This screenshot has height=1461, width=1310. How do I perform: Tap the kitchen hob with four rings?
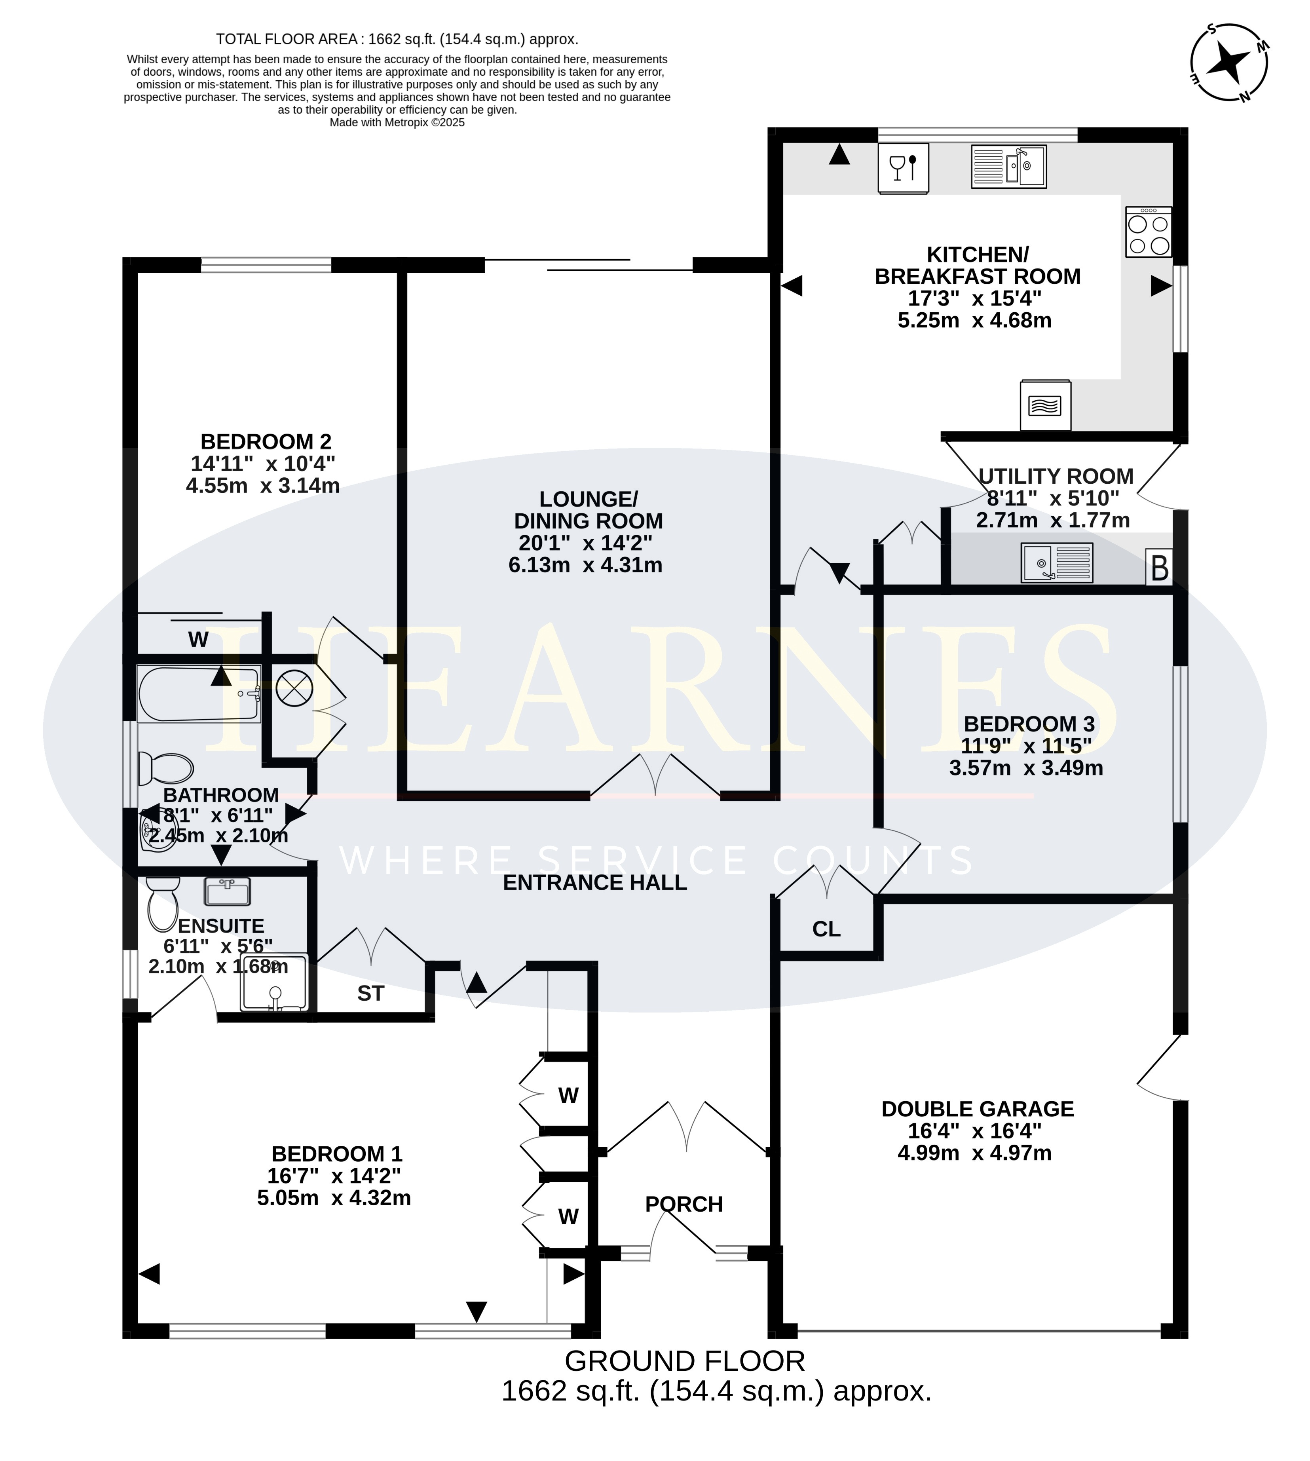click(1149, 232)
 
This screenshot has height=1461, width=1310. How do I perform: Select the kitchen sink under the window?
click(1008, 167)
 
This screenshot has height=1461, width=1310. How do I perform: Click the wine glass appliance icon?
click(903, 168)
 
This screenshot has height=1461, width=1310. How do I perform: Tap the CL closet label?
click(826, 929)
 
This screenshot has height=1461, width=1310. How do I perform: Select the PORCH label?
click(684, 1204)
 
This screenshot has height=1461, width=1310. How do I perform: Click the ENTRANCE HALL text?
click(594, 882)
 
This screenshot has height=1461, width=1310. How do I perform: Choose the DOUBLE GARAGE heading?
click(978, 1108)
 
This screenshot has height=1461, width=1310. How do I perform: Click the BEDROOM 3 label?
click(1029, 723)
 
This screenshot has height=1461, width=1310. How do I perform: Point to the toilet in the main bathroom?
click(165, 768)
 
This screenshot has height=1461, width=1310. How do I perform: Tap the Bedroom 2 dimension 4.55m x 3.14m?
click(263, 486)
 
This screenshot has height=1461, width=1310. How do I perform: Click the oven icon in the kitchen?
click(1045, 405)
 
